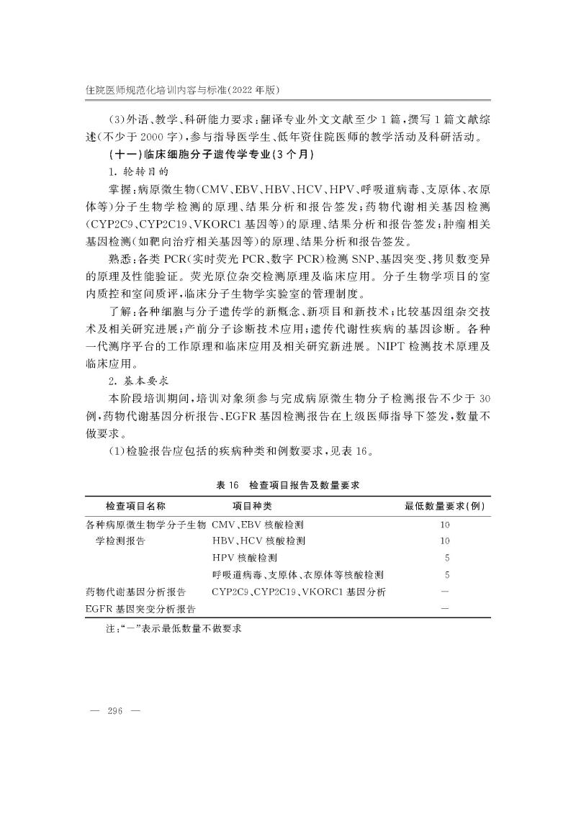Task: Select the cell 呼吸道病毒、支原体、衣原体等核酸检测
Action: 297,574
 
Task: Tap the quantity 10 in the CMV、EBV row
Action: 444,524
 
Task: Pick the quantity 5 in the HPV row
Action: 447,558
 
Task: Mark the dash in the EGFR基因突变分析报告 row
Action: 444,609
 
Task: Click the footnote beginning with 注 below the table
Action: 173,628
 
